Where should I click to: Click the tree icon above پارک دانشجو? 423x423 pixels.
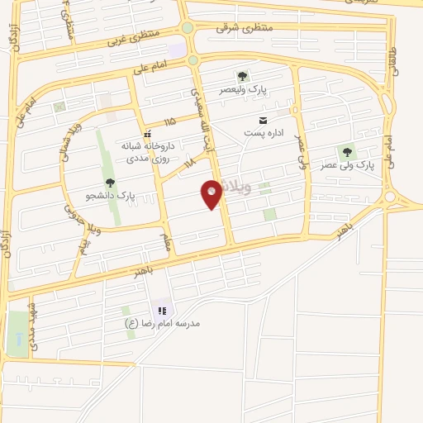click(110, 182)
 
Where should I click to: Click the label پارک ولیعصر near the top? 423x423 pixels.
click(241, 88)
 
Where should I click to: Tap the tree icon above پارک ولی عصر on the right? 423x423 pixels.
click(347, 152)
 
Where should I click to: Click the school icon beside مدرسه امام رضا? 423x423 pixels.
click(163, 310)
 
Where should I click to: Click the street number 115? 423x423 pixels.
click(169, 121)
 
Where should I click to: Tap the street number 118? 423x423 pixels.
click(189, 163)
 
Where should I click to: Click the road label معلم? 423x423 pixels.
click(167, 244)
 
